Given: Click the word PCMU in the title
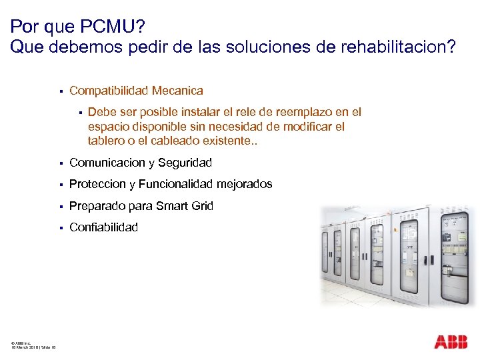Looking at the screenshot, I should tap(109, 27).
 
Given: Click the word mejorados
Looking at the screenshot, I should tap(247, 184).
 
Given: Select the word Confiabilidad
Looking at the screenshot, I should tap(103, 227).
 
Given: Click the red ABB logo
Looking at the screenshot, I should tap(451, 343).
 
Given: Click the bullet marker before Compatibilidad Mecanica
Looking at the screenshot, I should tap(60, 91).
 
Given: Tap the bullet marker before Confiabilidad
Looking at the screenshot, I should tap(60, 228).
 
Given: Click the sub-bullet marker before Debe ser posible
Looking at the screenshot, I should tap(79, 113).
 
